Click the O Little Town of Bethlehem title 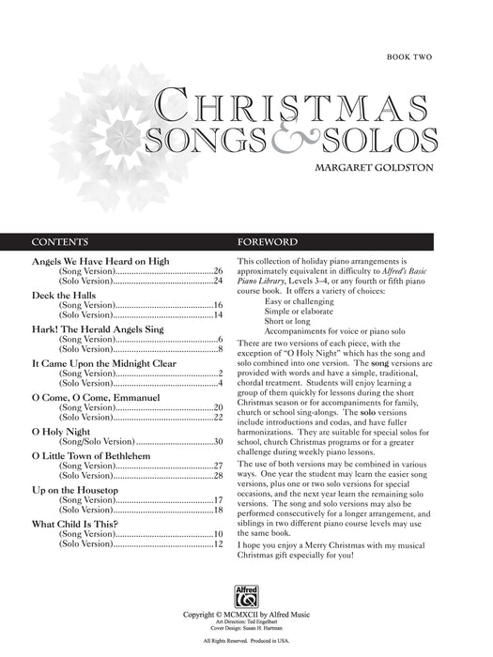(96, 455)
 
